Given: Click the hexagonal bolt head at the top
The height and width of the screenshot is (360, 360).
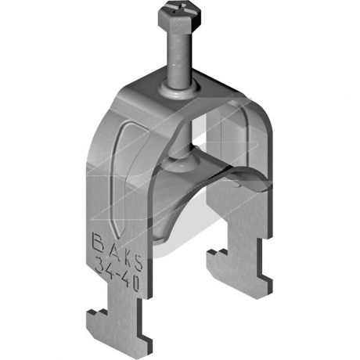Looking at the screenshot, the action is (x=180, y=16).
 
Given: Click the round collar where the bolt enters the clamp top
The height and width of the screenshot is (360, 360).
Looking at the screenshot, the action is (x=179, y=91).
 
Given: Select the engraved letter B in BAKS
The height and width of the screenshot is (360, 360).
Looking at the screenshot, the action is (x=99, y=240).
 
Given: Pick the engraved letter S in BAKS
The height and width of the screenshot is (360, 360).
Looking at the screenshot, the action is (x=138, y=261).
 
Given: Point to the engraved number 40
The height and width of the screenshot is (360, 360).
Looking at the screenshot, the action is (x=131, y=280).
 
